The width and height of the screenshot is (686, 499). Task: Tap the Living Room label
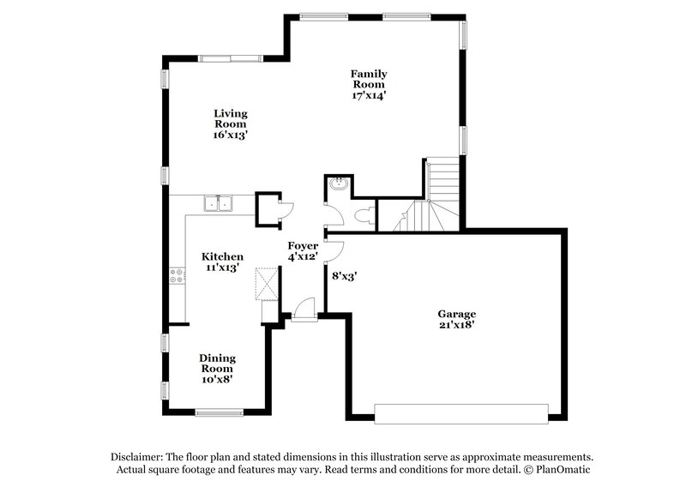tap(230, 118)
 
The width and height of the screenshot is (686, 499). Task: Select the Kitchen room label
tap(222, 256)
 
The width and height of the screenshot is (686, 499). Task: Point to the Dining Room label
tap(217, 363)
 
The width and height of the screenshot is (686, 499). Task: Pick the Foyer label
tap(303, 246)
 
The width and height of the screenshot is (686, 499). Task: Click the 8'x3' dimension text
tap(344, 276)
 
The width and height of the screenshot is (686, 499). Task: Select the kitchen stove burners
tap(178, 276)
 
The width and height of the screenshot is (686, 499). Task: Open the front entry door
tap(304, 310)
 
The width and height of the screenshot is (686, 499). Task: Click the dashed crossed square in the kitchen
tap(268, 283)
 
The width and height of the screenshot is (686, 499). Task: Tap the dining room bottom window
tap(220, 412)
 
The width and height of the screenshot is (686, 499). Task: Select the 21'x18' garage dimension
tap(455, 325)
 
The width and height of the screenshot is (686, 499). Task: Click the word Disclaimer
tap(138, 457)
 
